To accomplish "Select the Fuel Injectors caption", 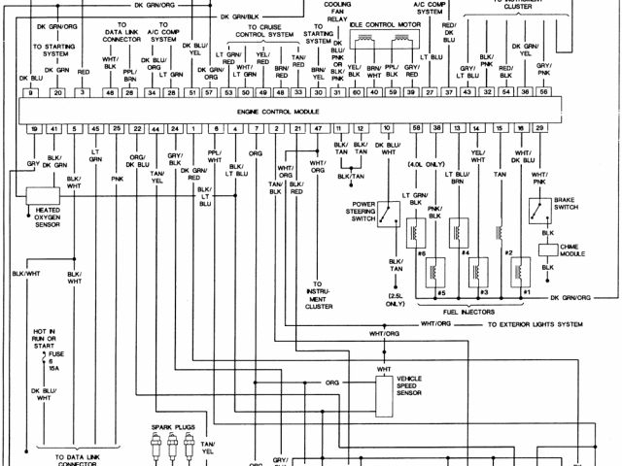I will [471, 311].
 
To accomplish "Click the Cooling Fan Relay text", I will [338, 10].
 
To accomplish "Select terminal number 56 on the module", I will [544, 91].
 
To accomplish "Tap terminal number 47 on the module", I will [318, 128].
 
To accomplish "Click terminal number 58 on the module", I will [416, 128].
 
